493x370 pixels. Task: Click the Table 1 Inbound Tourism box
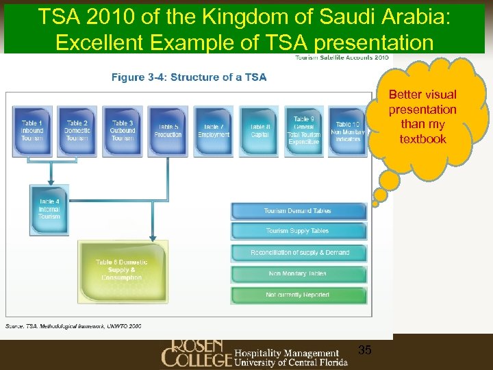coord(31,130)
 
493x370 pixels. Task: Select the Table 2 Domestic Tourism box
coord(77,130)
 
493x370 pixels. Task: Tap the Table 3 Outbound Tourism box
coord(123,130)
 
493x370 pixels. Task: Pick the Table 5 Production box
coord(168,130)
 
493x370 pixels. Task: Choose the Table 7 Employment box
coord(214,130)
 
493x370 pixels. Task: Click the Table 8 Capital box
coord(260,130)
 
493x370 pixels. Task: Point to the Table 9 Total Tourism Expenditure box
coord(303,130)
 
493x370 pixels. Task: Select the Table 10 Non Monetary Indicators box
coord(348,130)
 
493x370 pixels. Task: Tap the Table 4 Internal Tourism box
coord(49,209)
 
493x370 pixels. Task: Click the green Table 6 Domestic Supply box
coord(122,269)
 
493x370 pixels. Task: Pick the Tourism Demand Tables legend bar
coord(298,211)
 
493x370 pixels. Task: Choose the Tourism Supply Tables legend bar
coord(298,231)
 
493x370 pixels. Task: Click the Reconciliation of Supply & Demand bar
coord(299,253)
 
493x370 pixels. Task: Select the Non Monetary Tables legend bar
coord(298,274)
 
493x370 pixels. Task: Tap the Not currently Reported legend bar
coord(298,295)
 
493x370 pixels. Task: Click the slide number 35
coord(365,350)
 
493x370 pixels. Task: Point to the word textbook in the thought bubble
coord(422,139)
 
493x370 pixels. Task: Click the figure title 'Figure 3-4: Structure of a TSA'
coord(189,77)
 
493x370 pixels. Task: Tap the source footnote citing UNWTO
coord(74,325)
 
